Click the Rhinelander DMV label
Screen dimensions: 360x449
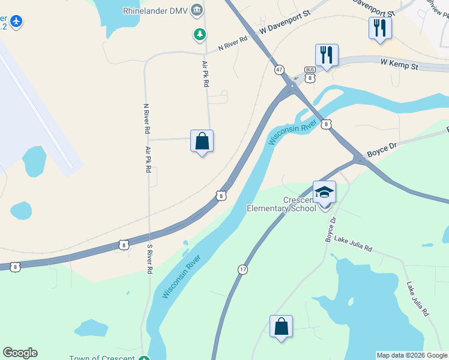(x=155, y=10)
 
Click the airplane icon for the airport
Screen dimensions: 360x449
(x=16, y=22)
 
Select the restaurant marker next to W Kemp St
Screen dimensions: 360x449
(x=327, y=56)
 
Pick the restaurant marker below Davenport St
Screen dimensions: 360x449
(x=380, y=28)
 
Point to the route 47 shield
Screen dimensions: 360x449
(x=279, y=70)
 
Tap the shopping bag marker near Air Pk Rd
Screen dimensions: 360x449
(x=202, y=142)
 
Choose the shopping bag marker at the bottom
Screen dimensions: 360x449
(x=281, y=327)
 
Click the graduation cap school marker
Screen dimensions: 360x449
(x=325, y=193)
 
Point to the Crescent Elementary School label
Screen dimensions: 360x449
(x=282, y=204)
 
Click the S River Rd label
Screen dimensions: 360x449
(x=149, y=259)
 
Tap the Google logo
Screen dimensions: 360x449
(x=20, y=353)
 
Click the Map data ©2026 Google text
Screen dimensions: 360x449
(x=412, y=355)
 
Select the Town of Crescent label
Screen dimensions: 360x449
(x=102, y=358)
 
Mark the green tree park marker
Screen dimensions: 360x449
(x=199, y=35)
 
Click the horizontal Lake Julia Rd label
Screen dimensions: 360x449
(x=353, y=245)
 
